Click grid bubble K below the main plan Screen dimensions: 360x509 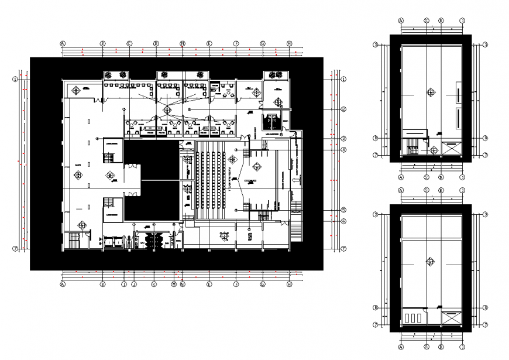pos(153,284)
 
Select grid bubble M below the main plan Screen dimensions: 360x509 pos(174,284)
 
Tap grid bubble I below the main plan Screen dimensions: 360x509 pos(124,284)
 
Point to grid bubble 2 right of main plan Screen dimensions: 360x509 pos(345,109)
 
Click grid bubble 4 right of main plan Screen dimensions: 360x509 pos(345,150)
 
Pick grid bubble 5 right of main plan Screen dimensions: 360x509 pos(345,210)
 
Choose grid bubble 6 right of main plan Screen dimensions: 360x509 pos(345,221)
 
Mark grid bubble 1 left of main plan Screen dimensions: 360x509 pos(16,79)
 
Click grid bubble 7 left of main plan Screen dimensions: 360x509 pos(16,249)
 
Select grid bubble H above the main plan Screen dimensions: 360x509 pos(289,43)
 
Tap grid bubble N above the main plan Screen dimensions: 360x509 pos(183,43)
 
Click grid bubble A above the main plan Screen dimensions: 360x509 pos(63,43)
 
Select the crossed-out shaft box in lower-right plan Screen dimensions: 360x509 pos(452,318)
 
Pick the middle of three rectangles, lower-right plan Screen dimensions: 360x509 pos(413,318)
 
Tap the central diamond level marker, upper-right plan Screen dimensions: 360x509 pos(431,92)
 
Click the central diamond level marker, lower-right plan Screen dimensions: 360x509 pos(431,262)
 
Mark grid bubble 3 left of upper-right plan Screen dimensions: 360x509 pos(377,44)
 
